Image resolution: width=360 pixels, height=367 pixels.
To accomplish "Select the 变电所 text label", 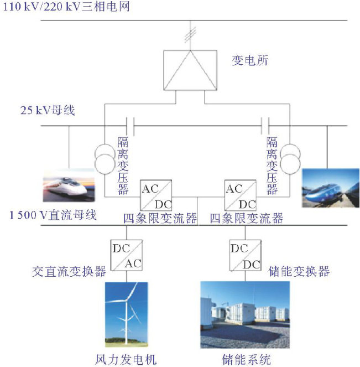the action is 249,60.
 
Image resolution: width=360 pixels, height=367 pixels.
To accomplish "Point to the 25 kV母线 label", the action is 46,111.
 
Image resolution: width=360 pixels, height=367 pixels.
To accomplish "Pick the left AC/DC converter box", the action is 156,195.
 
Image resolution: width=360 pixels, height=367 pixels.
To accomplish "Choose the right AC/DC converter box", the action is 240,195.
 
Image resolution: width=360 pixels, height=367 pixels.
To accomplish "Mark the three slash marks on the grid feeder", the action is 190,33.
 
